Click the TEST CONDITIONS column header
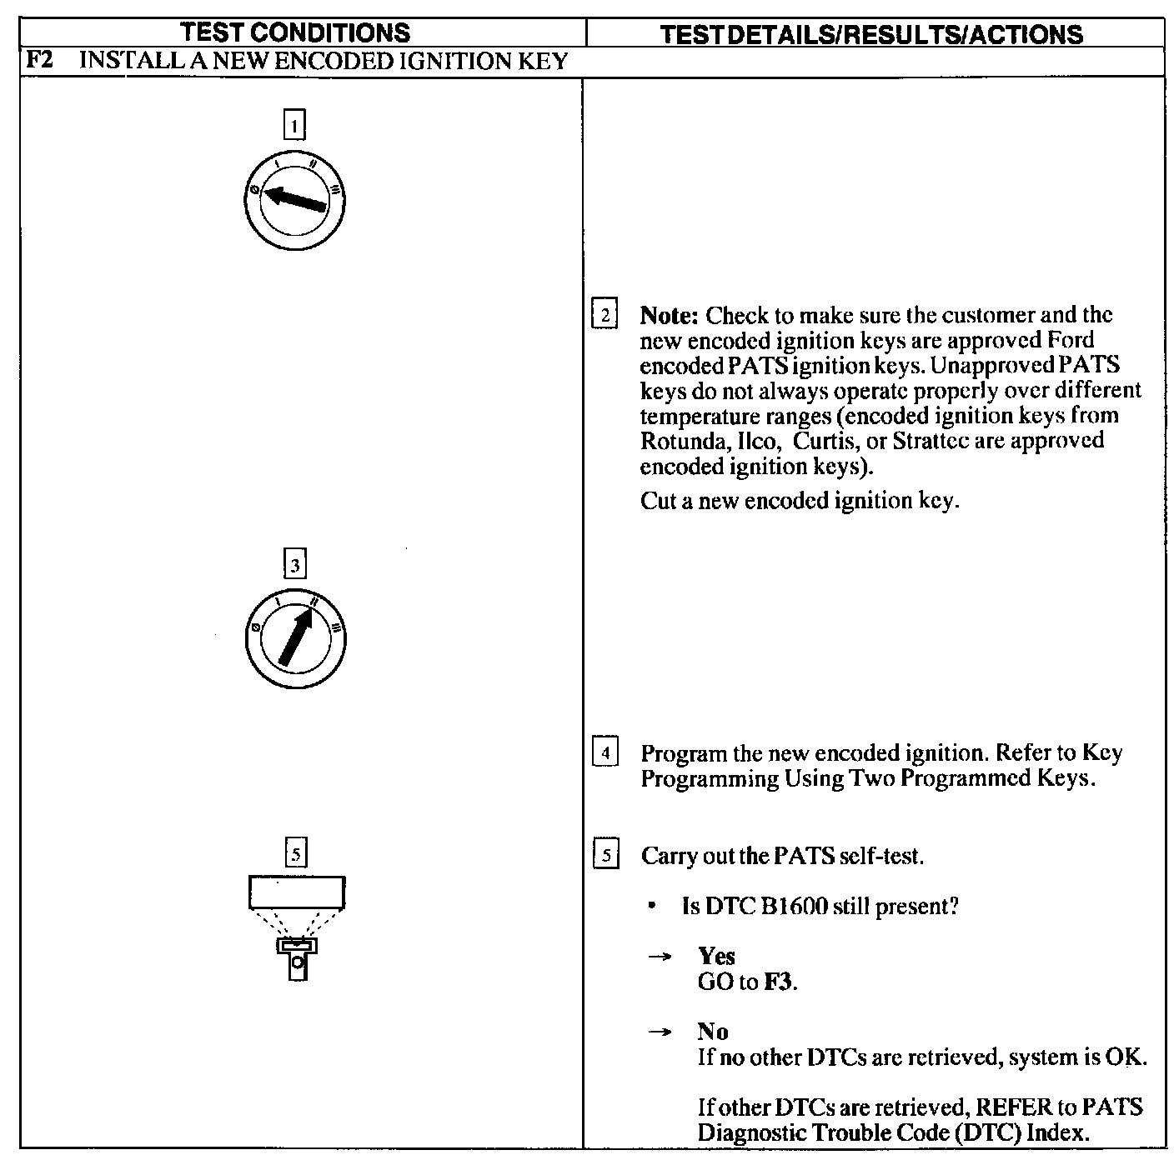(x=296, y=32)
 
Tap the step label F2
(x=41, y=60)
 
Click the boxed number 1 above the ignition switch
(x=294, y=125)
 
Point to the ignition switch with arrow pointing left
(x=295, y=200)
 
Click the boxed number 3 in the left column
(x=295, y=566)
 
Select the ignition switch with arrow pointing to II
(x=295, y=639)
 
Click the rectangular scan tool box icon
(x=296, y=892)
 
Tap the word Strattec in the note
(x=928, y=441)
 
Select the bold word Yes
(x=716, y=956)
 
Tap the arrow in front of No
(x=660, y=1032)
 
